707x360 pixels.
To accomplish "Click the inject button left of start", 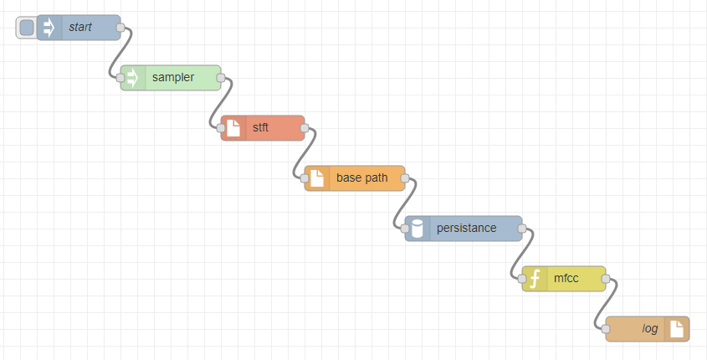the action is (27, 28).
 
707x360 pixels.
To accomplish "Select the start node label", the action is (80, 27).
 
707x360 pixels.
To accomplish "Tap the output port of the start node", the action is (120, 28).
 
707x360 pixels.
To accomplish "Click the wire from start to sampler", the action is (120, 53).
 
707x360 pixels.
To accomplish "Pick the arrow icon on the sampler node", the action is (132, 78).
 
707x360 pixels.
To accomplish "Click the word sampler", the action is (173, 77).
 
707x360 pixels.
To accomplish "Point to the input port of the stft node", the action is (221, 128).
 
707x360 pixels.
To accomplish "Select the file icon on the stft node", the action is (233, 127).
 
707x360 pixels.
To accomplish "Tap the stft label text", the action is (260, 127).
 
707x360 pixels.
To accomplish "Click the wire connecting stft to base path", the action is (305, 153).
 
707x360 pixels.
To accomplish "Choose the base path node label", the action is (362, 177).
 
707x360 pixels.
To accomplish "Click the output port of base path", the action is (405, 178).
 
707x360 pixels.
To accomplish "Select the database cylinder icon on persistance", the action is (417, 229).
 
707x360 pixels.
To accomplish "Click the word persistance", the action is (466, 228).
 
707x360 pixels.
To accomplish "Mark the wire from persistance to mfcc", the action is (522, 254).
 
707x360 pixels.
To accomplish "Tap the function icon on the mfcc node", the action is (535, 279).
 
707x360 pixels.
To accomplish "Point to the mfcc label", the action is (566, 278).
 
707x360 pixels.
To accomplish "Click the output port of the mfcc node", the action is (606, 279).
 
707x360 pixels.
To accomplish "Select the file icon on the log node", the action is (677, 329).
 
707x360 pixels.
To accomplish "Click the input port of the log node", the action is (606, 329).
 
